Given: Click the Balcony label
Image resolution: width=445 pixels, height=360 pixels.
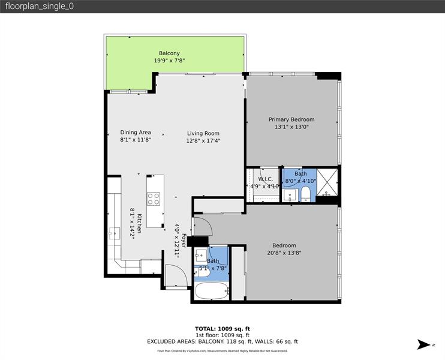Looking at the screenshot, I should [169, 53].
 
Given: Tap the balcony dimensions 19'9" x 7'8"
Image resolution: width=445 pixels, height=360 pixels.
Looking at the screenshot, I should [169, 61].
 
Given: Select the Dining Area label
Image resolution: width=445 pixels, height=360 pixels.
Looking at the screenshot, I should [136, 133].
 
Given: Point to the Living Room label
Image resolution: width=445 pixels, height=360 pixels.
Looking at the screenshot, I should [203, 133].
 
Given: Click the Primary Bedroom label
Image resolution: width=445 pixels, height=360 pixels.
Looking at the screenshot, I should [291, 119].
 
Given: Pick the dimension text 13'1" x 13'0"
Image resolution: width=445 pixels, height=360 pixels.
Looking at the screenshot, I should [291, 127].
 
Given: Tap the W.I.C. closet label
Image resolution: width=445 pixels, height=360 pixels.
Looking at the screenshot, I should [265, 179].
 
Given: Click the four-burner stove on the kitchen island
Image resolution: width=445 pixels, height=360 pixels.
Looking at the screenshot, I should [154, 198].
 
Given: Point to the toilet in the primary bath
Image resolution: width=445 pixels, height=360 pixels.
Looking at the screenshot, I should [305, 193].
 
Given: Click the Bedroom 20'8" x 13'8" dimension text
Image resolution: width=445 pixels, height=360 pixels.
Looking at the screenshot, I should [284, 253].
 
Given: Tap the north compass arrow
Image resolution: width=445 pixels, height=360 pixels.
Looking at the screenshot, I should [424, 344].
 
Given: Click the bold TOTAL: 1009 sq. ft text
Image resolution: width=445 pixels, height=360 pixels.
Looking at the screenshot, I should [222, 328].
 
